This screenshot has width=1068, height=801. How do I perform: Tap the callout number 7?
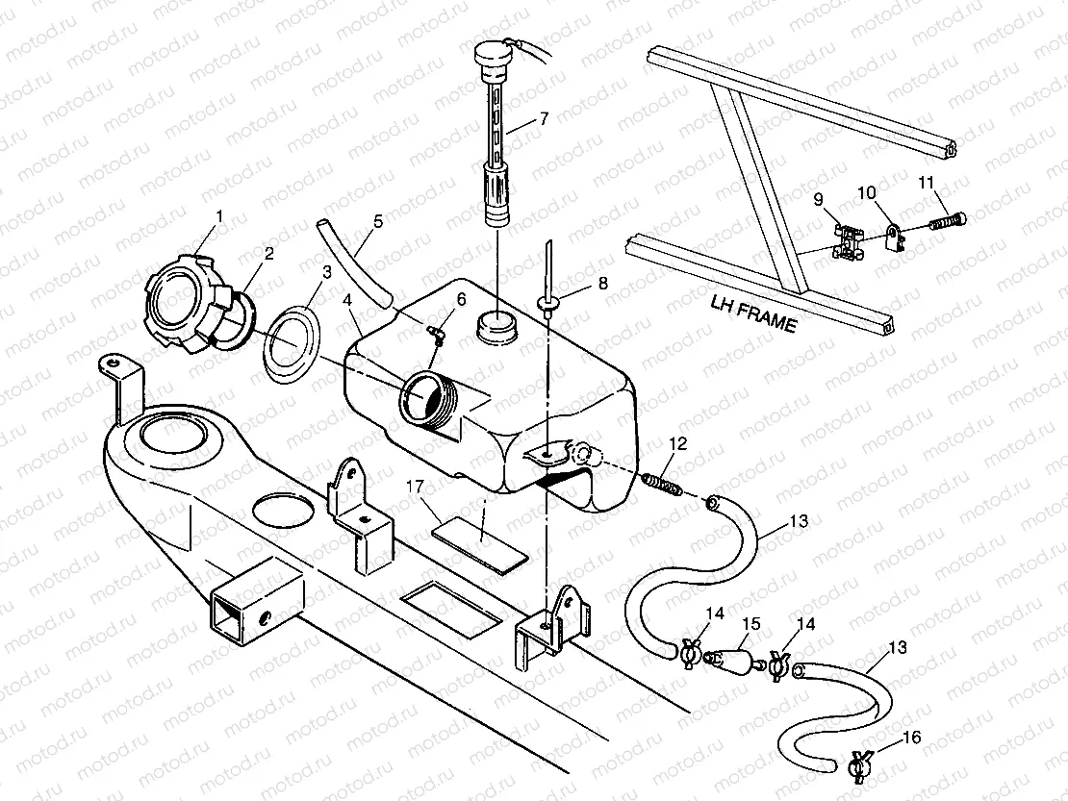click(544, 118)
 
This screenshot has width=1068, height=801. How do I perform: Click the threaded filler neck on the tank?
click(427, 399)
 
